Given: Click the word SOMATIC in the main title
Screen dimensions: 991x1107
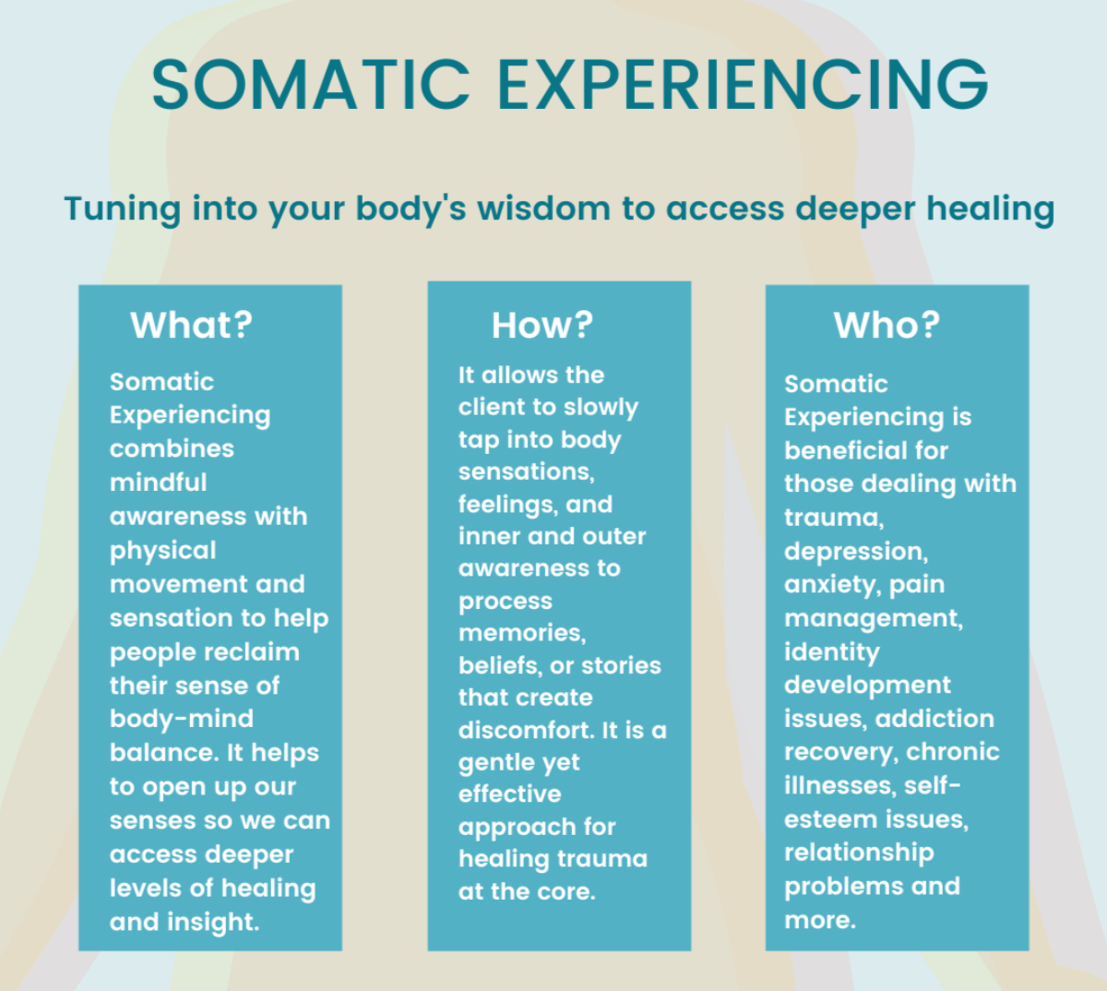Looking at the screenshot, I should click(x=311, y=84).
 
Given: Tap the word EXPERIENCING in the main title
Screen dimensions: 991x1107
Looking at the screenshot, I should click(x=743, y=84).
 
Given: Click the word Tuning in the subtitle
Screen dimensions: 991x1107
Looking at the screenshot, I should click(x=123, y=209).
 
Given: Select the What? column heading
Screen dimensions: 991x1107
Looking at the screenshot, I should click(x=191, y=325).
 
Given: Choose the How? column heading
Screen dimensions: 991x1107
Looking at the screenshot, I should click(x=542, y=325).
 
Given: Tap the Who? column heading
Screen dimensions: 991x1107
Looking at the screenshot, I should click(x=887, y=325).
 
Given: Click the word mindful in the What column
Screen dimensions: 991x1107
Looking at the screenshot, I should click(x=158, y=483).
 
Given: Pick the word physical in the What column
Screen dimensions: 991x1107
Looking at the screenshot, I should click(x=162, y=551).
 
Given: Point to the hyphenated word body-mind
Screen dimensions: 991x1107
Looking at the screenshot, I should click(x=181, y=719).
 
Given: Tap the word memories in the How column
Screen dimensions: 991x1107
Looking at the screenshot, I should click(x=521, y=633).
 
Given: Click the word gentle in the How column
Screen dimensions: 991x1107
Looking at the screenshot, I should click(x=494, y=762).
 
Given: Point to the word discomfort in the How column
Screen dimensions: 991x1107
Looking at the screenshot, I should click(x=525, y=730).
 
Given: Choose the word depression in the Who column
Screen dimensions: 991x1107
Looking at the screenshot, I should click(x=855, y=552).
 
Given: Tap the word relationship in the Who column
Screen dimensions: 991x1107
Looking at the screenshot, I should click(x=859, y=853).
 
